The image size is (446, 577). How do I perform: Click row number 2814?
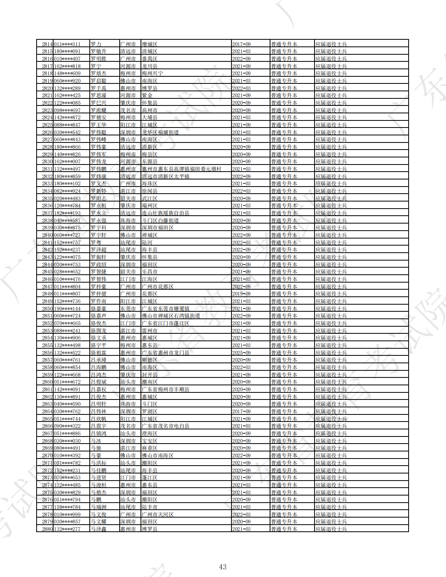pyautogui.click(x=47, y=44)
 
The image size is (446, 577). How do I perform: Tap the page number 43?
pyautogui.click(x=222, y=567)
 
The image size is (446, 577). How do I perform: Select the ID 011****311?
pyautogui.click(x=67, y=44)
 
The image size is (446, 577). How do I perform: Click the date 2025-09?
pyautogui.click(x=241, y=353)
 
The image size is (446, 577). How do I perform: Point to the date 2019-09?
pyautogui.click(x=241, y=294)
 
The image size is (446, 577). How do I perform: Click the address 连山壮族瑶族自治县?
pyautogui.click(x=165, y=213)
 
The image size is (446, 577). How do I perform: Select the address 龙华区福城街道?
pyautogui.click(x=160, y=132)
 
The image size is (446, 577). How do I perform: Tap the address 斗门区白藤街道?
pyautogui.click(x=160, y=220)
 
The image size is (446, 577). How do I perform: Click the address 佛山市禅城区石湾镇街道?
pyautogui.click(x=171, y=316)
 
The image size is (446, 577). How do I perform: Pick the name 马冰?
pyautogui.click(x=96, y=441)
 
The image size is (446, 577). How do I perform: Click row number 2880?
pyautogui.click(x=47, y=529)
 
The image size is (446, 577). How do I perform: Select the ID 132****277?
pyautogui.click(x=67, y=529)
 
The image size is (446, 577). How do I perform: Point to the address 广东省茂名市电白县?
pyautogui.click(x=165, y=426)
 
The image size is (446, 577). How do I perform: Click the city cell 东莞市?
pyautogui.click(x=128, y=309)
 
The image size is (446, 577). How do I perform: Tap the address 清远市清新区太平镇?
pyautogui.click(x=165, y=176)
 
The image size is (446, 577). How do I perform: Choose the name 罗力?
pyautogui.click(x=96, y=44)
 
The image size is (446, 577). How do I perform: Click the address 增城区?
pyautogui.click(x=150, y=44)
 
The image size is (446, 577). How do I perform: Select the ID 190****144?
pyautogui.click(x=67, y=309)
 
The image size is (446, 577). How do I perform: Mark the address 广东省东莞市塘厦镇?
pyautogui.click(x=165, y=309)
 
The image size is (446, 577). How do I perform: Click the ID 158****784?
pyautogui.click(x=67, y=507)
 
